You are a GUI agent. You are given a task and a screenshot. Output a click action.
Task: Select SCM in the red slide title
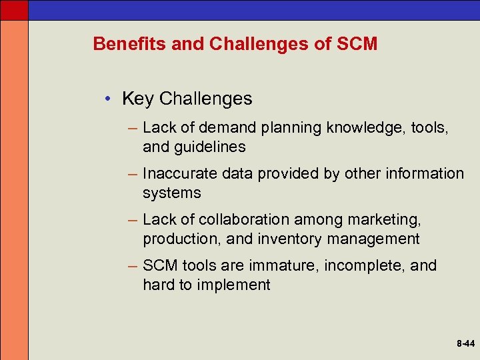[357, 44]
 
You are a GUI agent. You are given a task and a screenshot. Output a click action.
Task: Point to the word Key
[138, 99]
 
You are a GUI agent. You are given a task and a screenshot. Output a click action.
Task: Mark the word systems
[171, 193]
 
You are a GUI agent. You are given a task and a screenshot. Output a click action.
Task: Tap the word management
[379, 239]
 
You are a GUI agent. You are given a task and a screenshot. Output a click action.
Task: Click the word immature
[284, 265]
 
